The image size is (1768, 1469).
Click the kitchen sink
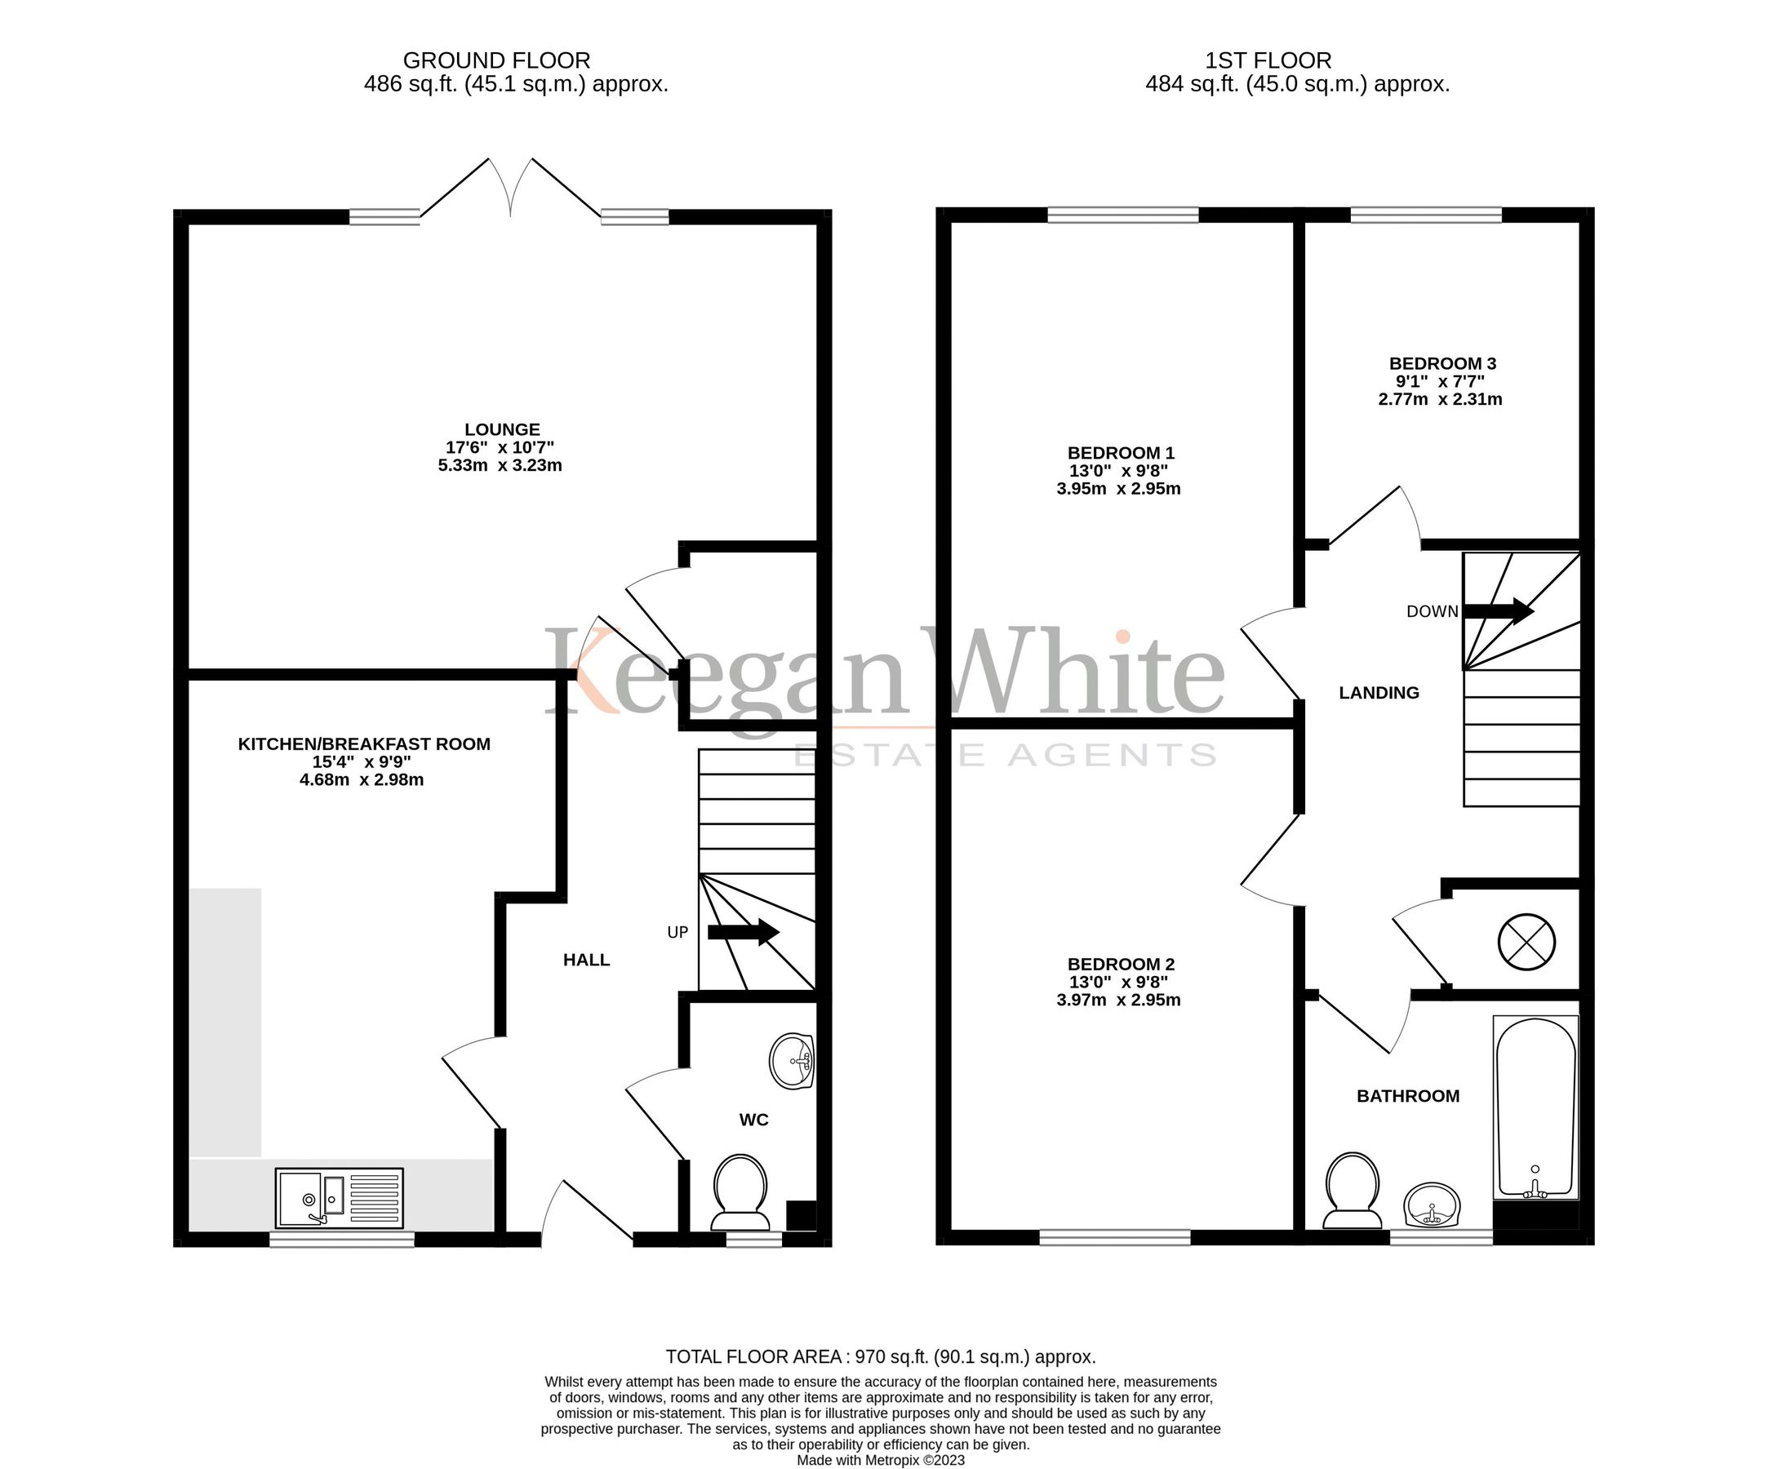click(340, 1197)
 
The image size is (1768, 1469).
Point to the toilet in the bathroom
click(1352, 1192)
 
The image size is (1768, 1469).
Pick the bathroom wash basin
click(1431, 1205)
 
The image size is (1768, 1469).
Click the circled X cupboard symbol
click(1526, 942)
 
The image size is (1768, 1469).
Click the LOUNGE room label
click(502, 429)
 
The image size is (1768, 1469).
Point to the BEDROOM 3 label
click(1442, 364)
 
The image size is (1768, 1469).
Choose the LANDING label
click(1379, 693)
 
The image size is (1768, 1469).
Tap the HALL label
click(587, 960)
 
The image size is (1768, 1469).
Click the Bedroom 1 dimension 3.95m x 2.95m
click(1118, 489)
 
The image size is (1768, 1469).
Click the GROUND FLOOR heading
click(497, 60)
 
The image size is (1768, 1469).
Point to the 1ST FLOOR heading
click(1268, 60)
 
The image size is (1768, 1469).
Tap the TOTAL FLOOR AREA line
click(881, 1356)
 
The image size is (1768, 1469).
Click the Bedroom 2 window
click(1115, 1236)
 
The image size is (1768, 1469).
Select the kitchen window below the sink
click(342, 1239)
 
